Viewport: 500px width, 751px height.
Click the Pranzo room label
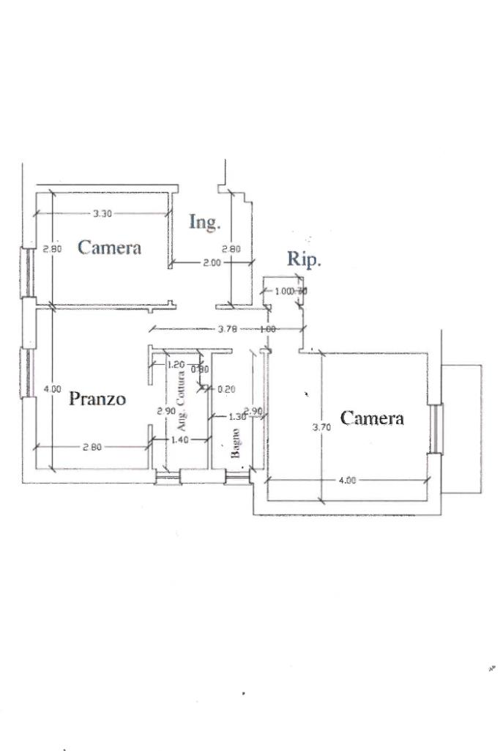97,399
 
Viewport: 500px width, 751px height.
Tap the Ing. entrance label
204,222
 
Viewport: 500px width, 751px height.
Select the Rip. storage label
304,259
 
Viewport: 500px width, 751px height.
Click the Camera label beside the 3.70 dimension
372,418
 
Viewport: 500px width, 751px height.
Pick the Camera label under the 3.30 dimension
109,248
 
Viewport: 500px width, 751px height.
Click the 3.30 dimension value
102,214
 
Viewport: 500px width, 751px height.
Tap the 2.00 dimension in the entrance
212,262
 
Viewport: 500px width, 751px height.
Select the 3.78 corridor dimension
228,330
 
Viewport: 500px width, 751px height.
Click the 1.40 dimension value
179,440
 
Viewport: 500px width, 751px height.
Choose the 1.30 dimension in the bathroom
237,417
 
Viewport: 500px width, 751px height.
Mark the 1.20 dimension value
176,364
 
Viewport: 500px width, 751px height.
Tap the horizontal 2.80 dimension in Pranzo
92,448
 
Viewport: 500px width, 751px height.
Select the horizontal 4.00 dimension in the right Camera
348,481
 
